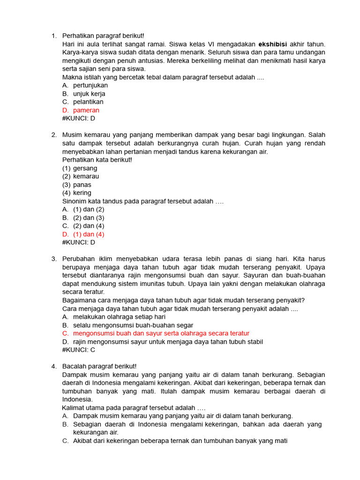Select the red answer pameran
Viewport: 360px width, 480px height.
[x=86, y=110]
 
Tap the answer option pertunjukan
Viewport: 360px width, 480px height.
[x=90, y=85]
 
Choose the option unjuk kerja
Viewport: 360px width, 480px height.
[x=89, y=94]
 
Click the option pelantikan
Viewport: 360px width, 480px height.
[x=88, y=102]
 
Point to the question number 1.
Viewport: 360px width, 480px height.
[x=54, y=36]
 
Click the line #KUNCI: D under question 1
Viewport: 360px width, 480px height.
[x=78, y=119]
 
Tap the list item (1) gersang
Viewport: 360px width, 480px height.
[x=80, y=168]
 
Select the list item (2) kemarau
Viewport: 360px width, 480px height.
[x=81, y=176]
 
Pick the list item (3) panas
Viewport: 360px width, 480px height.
[x=77, y=185]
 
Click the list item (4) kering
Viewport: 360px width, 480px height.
[x=77, y=193]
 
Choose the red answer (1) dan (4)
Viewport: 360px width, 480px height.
[x=89, y=234]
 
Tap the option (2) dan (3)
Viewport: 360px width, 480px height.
[x=89, y=217]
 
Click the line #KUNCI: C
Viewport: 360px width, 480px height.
[x=78, y=350]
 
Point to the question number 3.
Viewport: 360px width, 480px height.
[x=54, y=259]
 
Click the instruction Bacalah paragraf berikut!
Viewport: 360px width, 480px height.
[x=99, y=366]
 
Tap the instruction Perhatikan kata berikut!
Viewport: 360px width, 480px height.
[x=97, y=160]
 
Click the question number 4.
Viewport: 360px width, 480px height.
[x=54, y=366]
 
